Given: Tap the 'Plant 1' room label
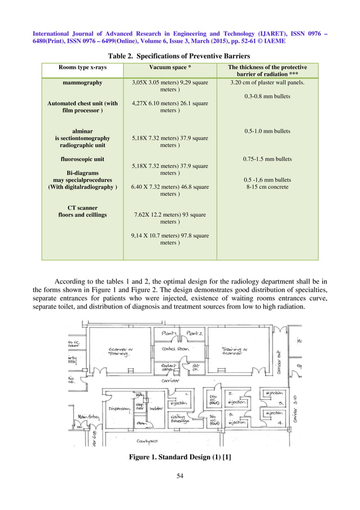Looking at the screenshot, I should click(x=170, y=334).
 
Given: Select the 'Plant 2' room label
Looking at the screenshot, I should click(x=195, y=334).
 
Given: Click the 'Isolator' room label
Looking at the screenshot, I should click(x=157, y=408).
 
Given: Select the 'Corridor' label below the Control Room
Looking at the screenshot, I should click(x=170, y=381).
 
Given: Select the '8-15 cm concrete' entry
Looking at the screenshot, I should click(x=267, y=186).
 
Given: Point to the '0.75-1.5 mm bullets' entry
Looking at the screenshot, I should click(x=267, y=159).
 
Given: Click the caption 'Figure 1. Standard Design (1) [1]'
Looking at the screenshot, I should click(x=180, y=458).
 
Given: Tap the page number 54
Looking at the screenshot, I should click(x=180, y=477).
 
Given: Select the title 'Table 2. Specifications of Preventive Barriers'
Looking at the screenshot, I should click(x=180, y=56).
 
